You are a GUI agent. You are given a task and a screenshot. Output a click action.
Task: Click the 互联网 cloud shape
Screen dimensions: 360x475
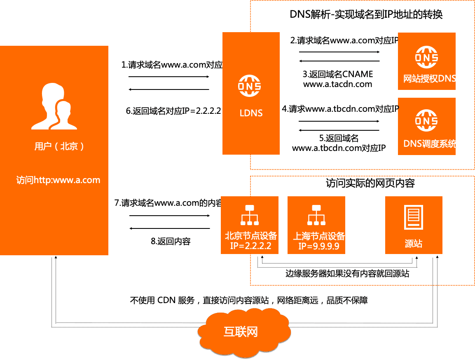pyautogui.click(x=241, y=332)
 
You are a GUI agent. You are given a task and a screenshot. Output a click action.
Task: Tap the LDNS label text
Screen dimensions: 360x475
pyautogui.click(x=251, y=112)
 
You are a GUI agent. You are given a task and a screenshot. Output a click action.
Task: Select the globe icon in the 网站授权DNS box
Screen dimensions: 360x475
pyautogui.click(x=426, y=58)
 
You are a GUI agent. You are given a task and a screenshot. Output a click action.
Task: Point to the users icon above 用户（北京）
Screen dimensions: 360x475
pyautogui.click(x=54, y=106)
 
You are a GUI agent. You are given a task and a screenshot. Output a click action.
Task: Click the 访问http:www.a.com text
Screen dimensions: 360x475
pyautogui.click(x=58, y=180)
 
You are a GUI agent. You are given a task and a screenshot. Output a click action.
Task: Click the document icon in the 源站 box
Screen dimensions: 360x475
pyautogui.click(x=414, y=217)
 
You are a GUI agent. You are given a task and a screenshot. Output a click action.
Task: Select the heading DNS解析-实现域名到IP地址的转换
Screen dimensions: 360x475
pyautogui.click(x=366, y=15)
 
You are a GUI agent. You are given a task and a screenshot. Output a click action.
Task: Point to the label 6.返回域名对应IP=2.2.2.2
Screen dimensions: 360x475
pyautogui.click(x=173, y=111)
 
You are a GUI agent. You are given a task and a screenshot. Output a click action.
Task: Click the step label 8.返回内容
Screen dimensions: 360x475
pyautogui.click(x=171, y=242)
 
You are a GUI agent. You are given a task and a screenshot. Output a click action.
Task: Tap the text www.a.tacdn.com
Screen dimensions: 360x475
pyautogui.click(x=337, y=84)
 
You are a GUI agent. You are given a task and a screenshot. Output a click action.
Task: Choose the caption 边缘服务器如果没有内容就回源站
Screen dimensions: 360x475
pyautogui.click(x=347, y=274)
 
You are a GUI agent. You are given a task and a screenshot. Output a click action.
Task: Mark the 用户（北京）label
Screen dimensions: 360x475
pyautogui.click(x=59, y=146)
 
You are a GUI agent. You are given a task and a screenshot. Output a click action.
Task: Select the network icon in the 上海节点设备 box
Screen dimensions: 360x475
pyautogui.click(x=316, y=215)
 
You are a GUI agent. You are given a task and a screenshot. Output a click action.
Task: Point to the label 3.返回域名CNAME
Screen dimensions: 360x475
pyautogui.click(x=337, y=74)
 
